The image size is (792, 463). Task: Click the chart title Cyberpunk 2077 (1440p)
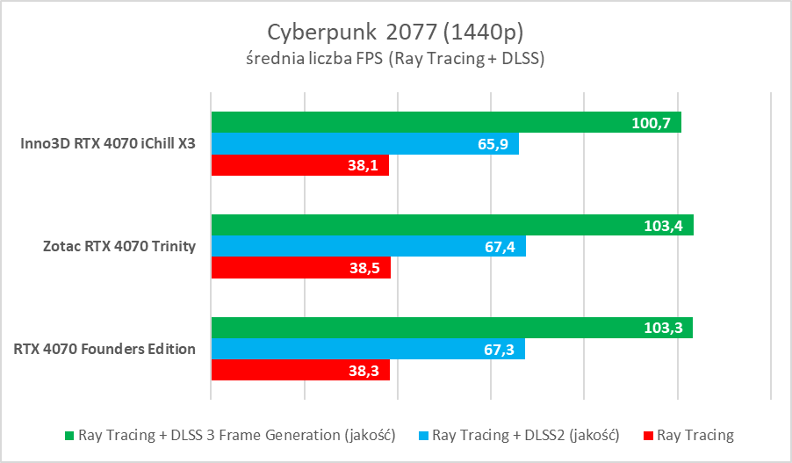tap(395, 33)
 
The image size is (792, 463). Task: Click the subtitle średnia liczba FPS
tap(395, 60)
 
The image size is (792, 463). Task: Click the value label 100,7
tap(651, 123)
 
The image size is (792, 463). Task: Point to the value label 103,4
tap(663, 226)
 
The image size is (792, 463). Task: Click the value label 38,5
tap(362, 268)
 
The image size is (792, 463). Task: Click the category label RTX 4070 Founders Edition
tap(104, 349)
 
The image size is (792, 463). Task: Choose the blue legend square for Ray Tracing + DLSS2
tap(424, 435)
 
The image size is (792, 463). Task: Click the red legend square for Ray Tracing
tap(648, 435)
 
